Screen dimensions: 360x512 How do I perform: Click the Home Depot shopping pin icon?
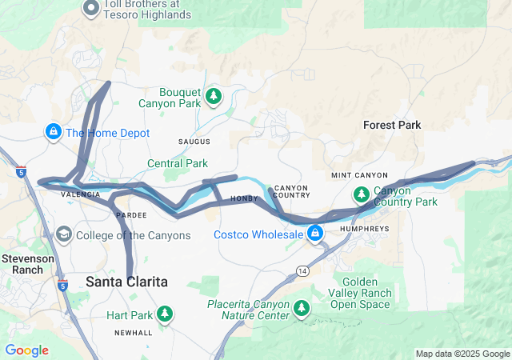[x=53, y=130]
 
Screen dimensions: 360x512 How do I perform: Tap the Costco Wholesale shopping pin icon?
[x=315, y=233]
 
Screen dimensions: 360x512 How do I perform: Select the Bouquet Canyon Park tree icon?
[x=214, y=96]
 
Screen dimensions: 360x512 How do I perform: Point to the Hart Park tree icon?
[x=165, y=313]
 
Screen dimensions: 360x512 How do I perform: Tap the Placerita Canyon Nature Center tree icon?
[x=302, y=308]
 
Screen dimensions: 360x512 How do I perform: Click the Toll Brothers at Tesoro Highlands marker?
[x=91, y=9]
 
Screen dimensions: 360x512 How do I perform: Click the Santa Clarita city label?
[x=126, y=282]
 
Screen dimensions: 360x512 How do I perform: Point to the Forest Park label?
[x=392, y=125]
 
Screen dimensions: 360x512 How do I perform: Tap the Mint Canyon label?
[x=359, y=175]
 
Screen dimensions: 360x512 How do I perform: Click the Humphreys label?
[x=364, y=228]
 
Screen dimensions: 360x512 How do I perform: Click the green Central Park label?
[x=178, y=163]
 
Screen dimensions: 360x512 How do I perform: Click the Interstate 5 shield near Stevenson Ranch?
[x=63, y=285]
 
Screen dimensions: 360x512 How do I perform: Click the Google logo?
[x=26, y=350]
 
